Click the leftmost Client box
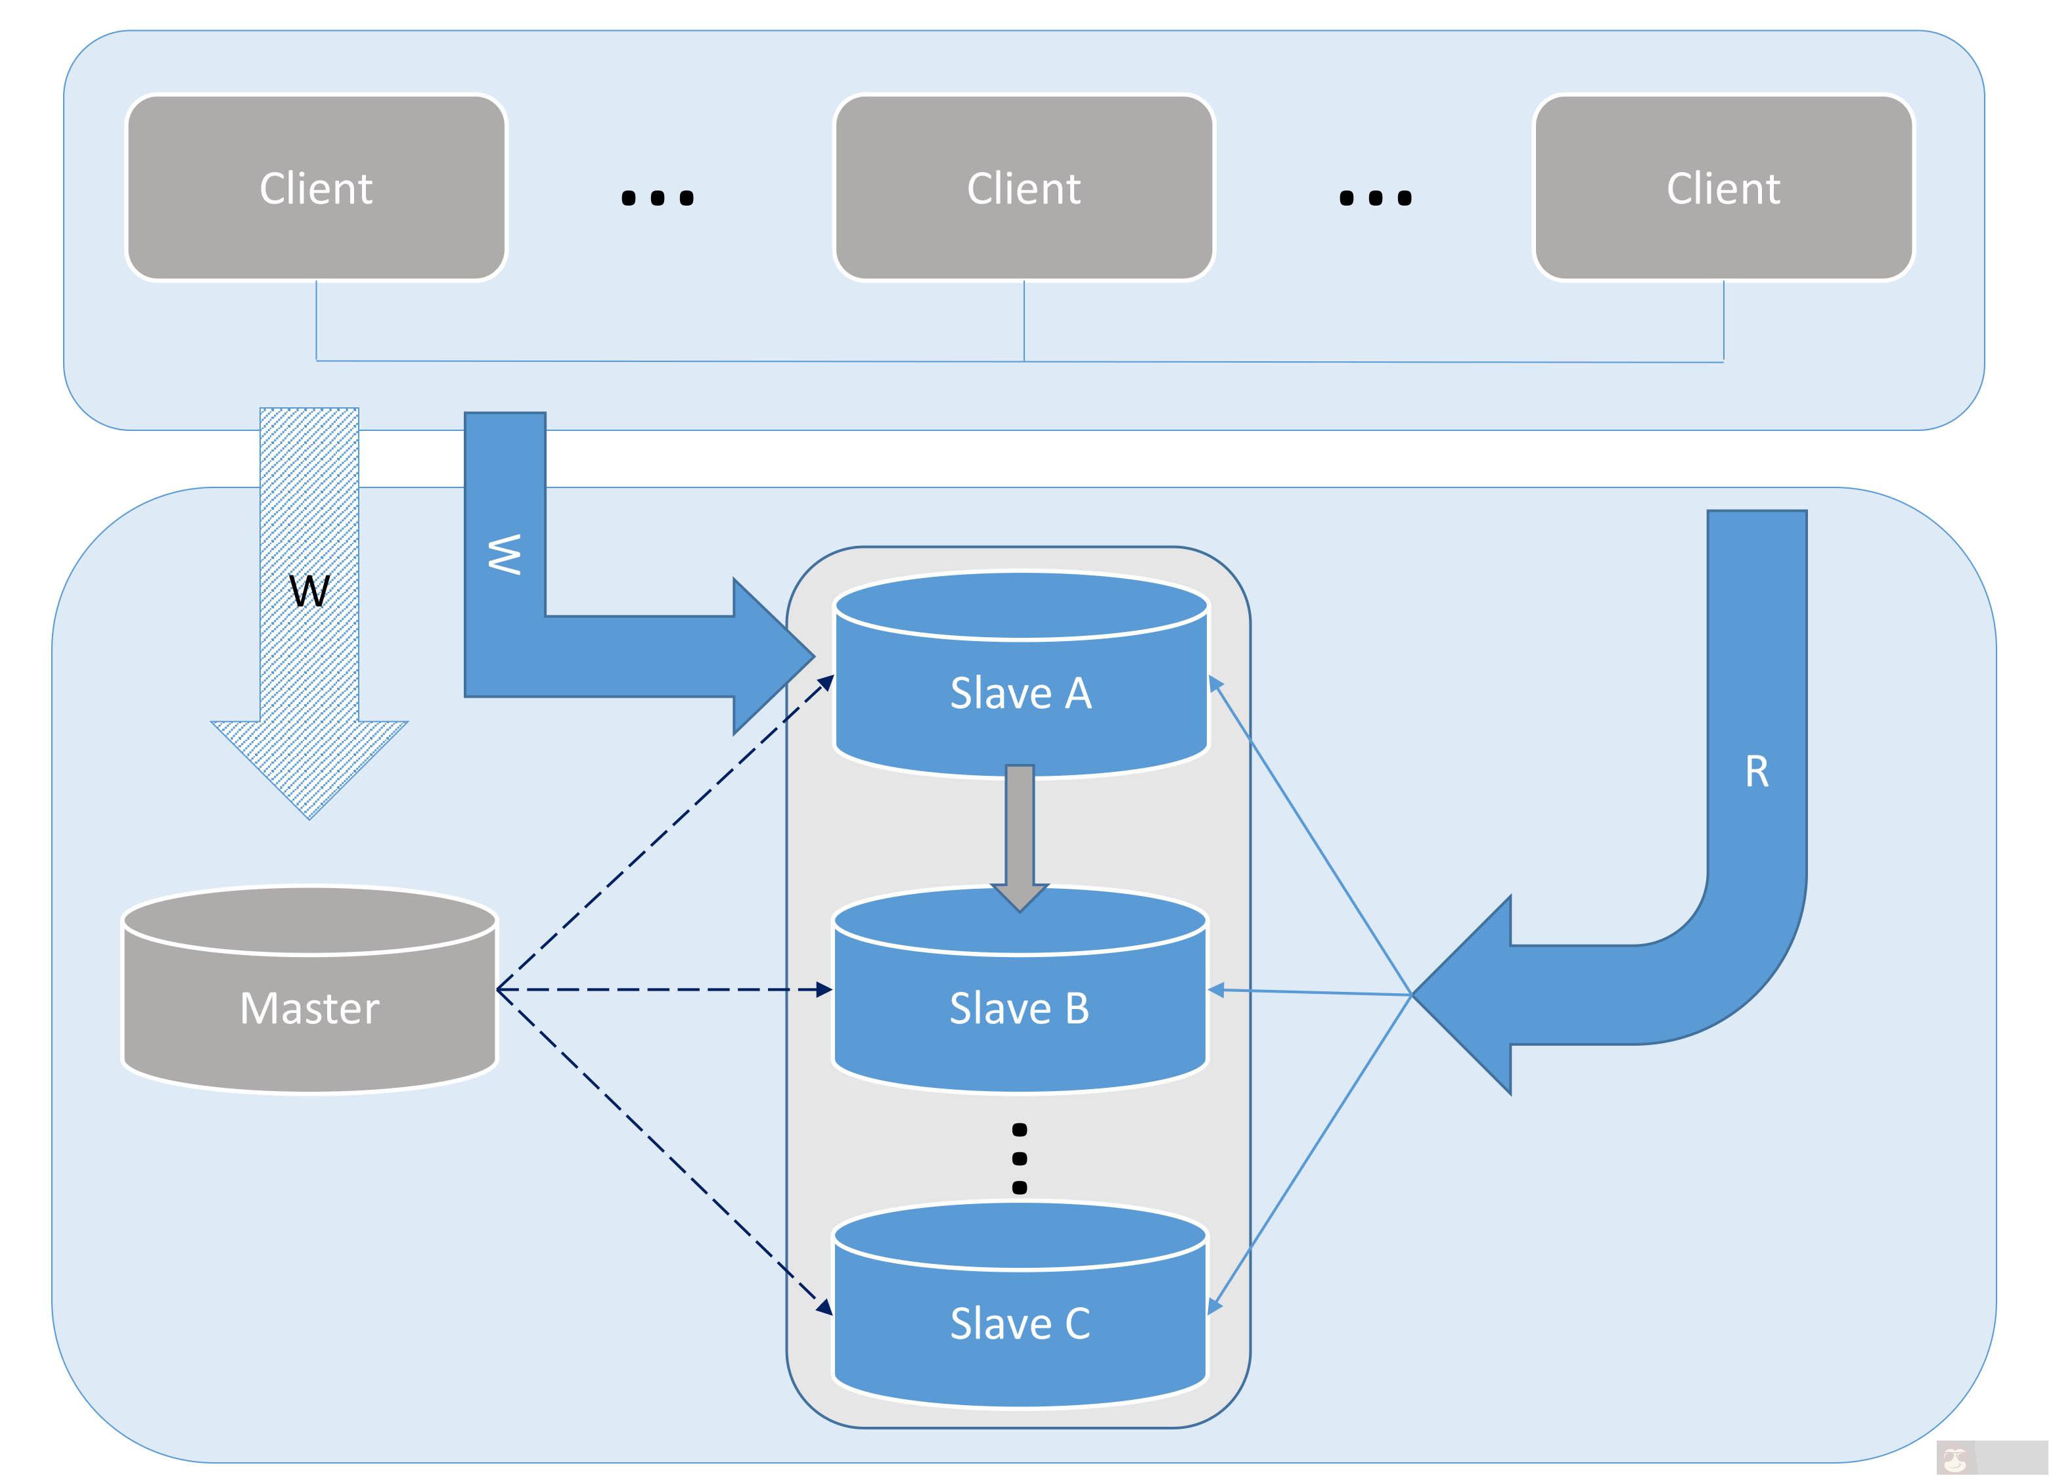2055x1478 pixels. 315,188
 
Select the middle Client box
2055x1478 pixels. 1023,188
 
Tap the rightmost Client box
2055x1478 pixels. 1723,188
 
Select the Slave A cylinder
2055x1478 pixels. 1020,692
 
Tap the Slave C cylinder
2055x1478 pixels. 1020,1323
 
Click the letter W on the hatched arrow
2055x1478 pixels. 309,591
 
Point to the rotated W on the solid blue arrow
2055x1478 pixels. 505,554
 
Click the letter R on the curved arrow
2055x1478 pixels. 1756,771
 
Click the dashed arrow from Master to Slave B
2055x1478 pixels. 662,989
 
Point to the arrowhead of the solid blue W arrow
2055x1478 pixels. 770,656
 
